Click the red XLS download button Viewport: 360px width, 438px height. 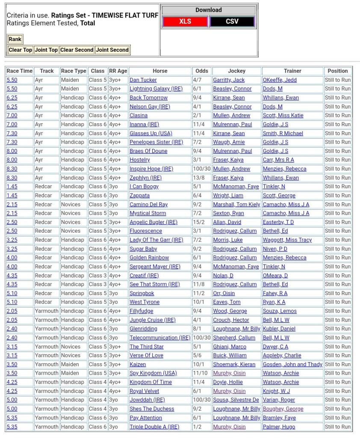(185, 21)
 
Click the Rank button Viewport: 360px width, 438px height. (15, 39)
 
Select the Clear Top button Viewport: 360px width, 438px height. (21, 50)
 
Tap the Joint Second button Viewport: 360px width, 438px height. (112, 50)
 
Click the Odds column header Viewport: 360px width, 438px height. (202, 71)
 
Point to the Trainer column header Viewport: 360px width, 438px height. (292, 71)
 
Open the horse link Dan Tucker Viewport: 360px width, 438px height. (143, 80)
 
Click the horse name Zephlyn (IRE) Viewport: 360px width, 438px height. (145, 178)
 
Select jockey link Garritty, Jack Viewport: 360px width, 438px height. (229, 80)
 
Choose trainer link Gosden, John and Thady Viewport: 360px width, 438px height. (292, 364)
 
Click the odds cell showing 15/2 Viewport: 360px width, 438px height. (198, 222)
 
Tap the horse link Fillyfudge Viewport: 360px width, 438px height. (141, 311)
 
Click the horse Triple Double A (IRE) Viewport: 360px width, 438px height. (154, 426)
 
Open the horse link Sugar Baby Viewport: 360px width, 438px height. (143, 249)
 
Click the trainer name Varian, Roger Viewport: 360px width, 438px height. (279, 400)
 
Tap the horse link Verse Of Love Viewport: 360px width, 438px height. (146, 355)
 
